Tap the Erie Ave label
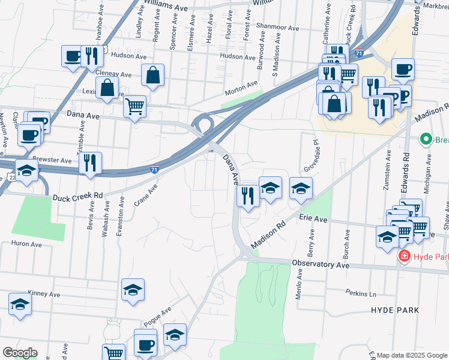[x=312, y=220]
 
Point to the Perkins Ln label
[x=360, y=294]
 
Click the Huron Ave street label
[x=26, y=244]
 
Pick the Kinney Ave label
[x=45, y=295]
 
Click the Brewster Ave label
[x=56, y=161]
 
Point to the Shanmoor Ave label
[x=277, y=28]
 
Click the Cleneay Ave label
[x=113, y=74]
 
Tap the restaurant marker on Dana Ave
[x=247, y=195]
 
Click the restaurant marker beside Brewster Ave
[x=90, y=162]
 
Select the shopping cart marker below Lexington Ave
[x=135, y=107]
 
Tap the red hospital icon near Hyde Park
[x=405, y=257]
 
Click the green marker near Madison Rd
[x=426, y=140]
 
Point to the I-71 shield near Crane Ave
[x=155, y=171]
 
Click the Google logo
[x=20, y=353]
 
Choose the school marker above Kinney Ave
[x=133, y=290]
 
